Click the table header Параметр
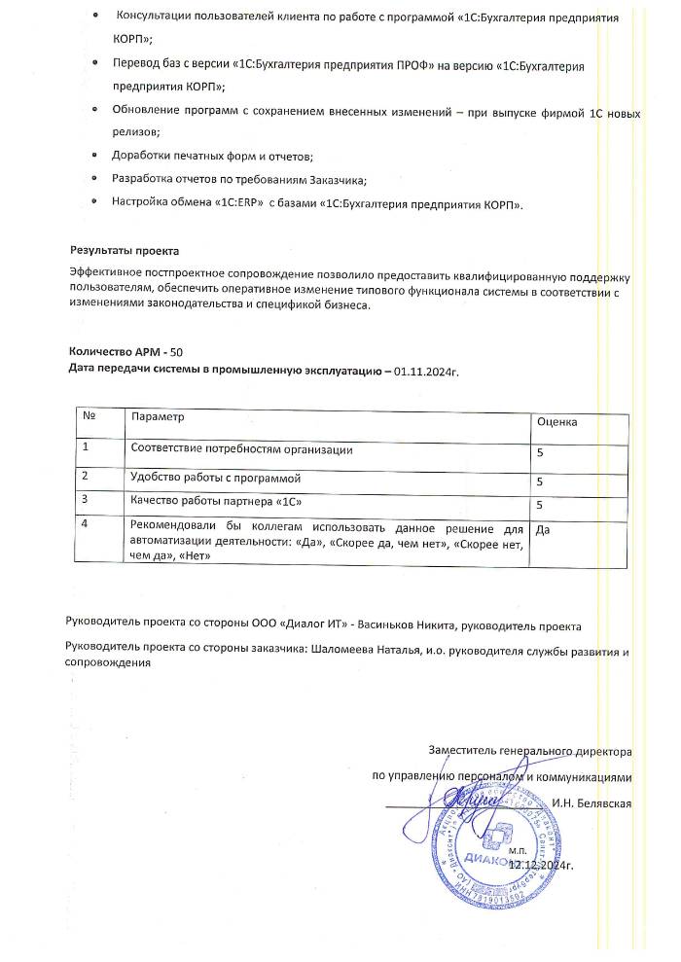coord(157,415)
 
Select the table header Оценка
coord(557,422)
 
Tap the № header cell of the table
coord(89,415)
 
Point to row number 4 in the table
coord(86,524)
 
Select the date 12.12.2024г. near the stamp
coord(556,863)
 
